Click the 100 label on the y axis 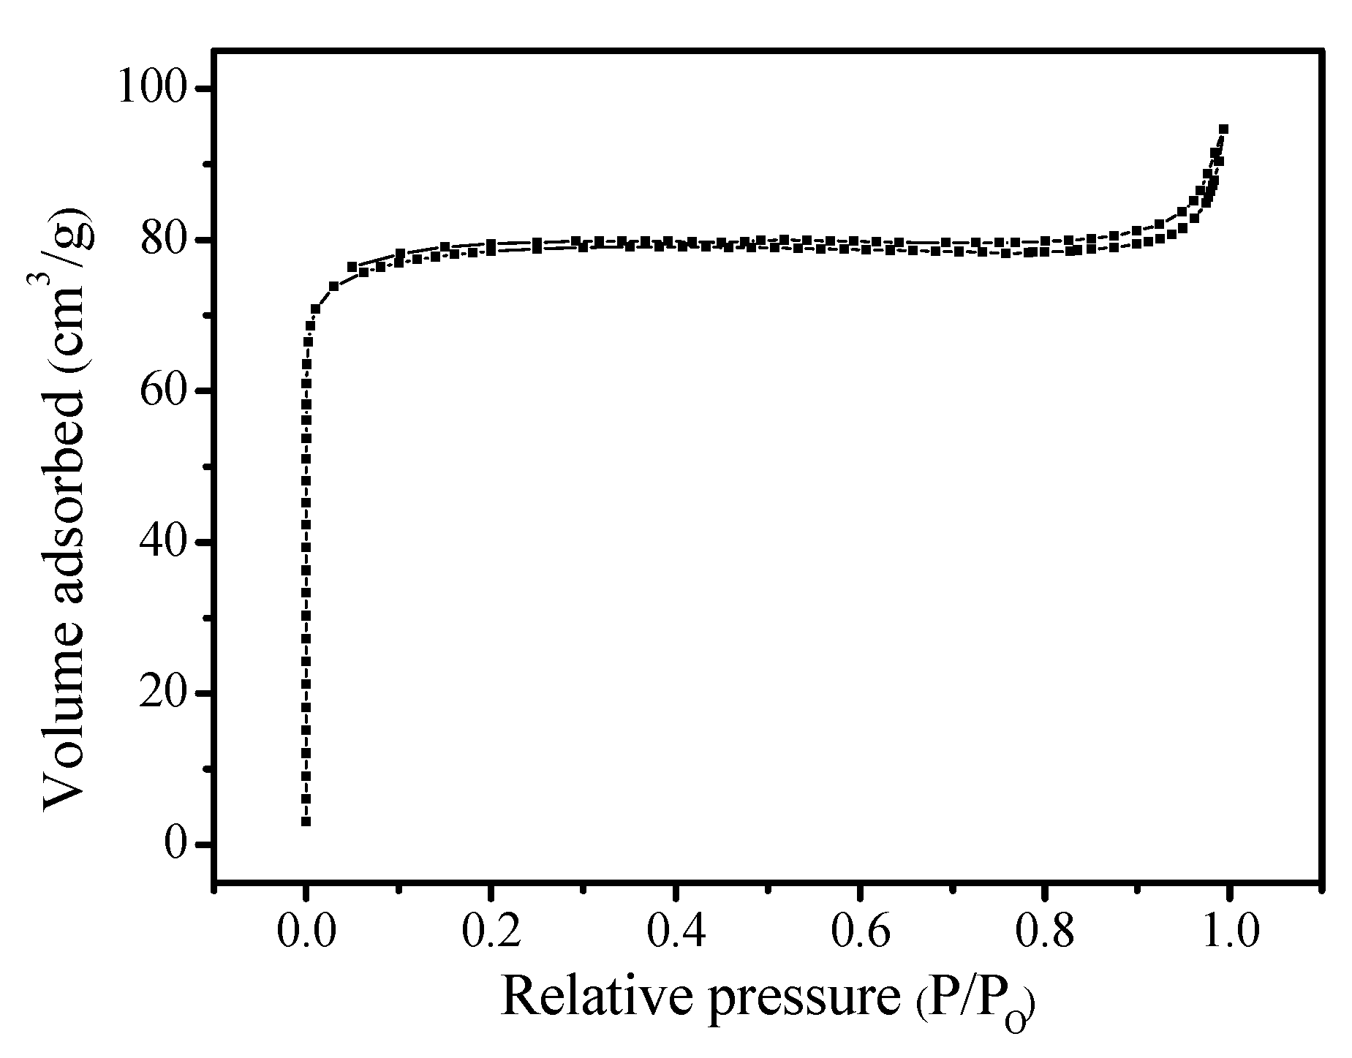click(x=160, y=89)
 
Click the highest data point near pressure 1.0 click(x=1223, y=129)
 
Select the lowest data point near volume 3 click(x=306, y=822)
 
